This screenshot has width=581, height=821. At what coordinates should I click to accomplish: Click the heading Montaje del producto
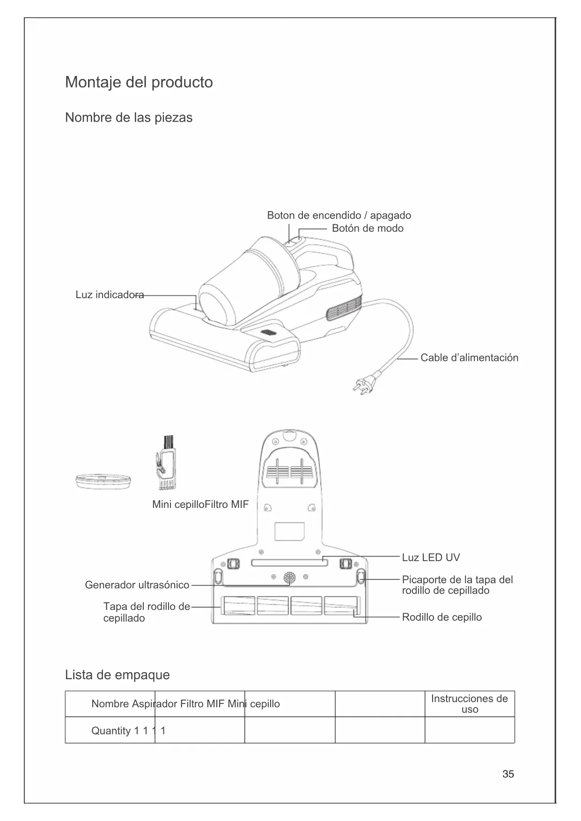tap(139, 82)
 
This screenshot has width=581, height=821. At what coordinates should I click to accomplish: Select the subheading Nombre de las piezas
tap(129, 117)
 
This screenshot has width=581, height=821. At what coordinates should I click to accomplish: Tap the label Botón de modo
tap(368, 228)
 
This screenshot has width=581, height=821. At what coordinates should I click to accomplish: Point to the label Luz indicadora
tap(110, 295)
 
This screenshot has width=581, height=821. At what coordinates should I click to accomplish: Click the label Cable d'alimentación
tap(469, 358)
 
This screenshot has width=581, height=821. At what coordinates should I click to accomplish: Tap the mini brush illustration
tap(166, 463)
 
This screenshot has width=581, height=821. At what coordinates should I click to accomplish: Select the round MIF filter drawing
tap(103, 481)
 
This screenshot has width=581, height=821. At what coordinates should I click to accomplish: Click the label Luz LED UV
tap(431, 557)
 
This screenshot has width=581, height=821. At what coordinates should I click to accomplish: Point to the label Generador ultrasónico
tap(137, 585)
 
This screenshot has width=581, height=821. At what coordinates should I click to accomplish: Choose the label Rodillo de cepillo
tap(441, 617)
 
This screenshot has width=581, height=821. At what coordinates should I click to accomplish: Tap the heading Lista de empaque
tap(117, 675)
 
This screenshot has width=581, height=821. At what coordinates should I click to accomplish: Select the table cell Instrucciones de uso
tap(469, 704)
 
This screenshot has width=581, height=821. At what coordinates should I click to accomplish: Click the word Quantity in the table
tap(110, 731)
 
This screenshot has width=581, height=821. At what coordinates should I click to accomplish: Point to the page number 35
tap(508, 774)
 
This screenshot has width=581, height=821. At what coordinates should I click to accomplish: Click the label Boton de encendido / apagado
tap(339, 216)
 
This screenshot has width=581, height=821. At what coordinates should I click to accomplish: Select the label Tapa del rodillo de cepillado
tap(146, 612)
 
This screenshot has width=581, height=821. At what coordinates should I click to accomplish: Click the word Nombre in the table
tap(110, 704)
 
